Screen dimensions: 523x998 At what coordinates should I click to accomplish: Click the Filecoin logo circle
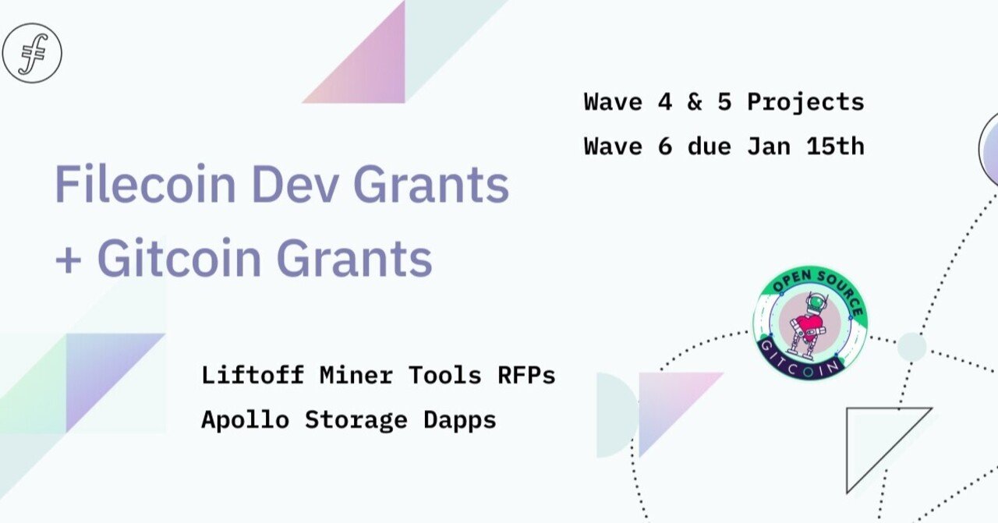(x=32, y=53)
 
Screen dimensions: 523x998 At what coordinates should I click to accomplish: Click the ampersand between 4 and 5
(x=694, y=102)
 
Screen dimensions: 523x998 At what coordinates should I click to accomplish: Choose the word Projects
(x=805, y=103)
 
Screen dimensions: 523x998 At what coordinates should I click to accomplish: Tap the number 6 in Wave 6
(x=664, y=147)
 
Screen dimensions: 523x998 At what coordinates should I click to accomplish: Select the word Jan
(x=768, y=147)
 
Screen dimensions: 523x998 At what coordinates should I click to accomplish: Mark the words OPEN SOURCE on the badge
(x=811, y=286)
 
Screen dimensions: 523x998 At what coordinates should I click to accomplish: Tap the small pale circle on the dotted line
(x=911, y=347)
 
